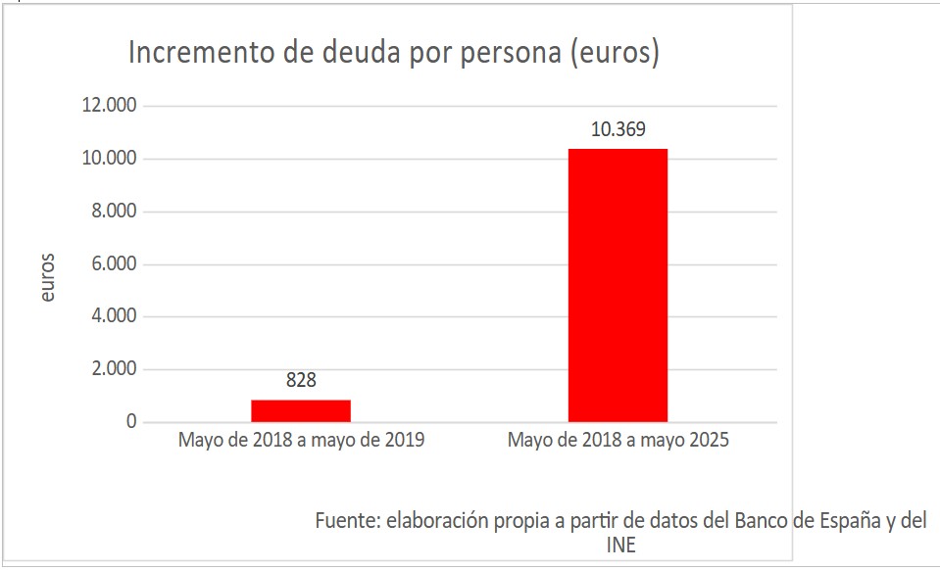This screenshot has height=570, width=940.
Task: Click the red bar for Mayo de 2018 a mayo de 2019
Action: pyautogui.click(x=301, y=411)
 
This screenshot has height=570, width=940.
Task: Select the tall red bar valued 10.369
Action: pyautogui.click(x=618, y=285)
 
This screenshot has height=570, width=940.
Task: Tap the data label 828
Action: pyautogui.click(x=301, y=380)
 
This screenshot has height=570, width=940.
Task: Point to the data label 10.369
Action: pyautogui.click(x=618, y=128)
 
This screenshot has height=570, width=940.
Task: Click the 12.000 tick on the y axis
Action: pyautogui.click(x=112, y=106)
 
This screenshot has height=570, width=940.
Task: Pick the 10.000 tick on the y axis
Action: pyautogui.click(x=112, y=159)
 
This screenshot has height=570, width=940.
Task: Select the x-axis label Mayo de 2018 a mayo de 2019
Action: pyautogui.click(x=301, y=441)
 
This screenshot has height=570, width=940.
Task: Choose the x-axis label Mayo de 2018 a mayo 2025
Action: pyautogui.click(x=618, y=441)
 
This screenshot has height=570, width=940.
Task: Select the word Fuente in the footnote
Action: pyautogui.click(x=346, y=520)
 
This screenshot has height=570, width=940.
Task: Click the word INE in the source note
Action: pyautogui.click(x=621, y=546)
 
